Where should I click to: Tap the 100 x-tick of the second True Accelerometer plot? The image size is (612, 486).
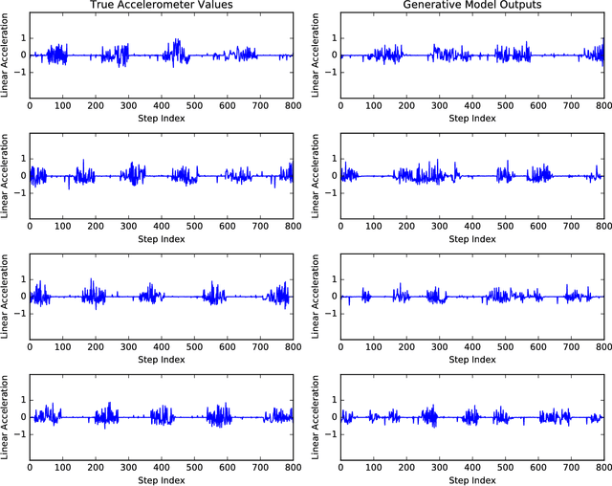point(62,226)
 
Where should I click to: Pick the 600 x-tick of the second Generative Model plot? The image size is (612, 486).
point(536,226)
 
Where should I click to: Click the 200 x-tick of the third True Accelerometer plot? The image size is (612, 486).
point(95,346)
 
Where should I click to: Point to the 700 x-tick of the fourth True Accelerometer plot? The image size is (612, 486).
point(259,468)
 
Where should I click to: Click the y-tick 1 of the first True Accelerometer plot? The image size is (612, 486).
point(22,38)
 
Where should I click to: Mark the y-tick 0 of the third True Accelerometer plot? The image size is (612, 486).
point(22,297)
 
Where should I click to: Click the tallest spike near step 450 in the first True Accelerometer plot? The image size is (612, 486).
point(178,40)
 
